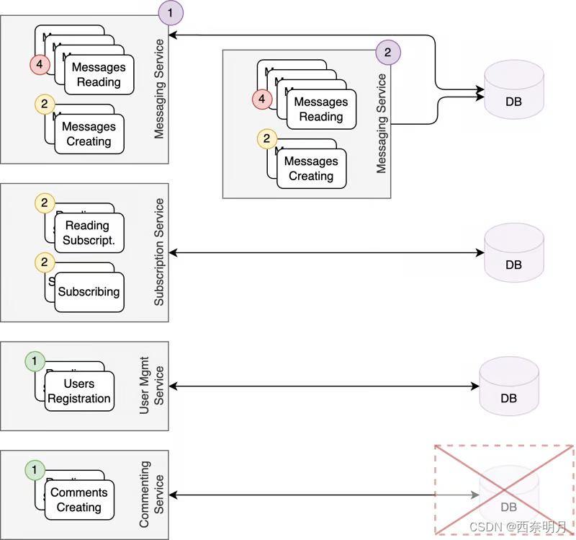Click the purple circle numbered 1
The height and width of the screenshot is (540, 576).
tap(171, 12)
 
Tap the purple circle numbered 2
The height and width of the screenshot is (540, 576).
tap(388, 52)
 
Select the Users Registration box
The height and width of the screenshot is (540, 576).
tap(79, 391)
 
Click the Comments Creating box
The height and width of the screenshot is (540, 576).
tap(79, 500)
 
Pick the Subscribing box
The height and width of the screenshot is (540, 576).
tap(89, 292)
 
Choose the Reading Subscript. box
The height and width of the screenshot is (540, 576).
tap(89, 233)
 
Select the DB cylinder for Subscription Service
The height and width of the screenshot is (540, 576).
tap(513, 252)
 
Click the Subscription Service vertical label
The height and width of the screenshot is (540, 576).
tap(159, 252)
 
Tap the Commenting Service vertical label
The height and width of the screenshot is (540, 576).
tap(152, 495)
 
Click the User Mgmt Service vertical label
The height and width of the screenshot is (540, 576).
tap(152, 386)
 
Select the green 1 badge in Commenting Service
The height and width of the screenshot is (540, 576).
tap(34, 471)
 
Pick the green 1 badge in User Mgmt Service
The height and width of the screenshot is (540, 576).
tap(34, 360)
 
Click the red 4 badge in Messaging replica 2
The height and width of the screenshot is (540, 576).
tap(262, 99)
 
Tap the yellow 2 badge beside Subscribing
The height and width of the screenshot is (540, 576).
tap(44, 262)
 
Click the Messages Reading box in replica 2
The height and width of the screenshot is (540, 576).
tap(321, 110)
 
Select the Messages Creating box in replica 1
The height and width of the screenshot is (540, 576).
tap(89, 134)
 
